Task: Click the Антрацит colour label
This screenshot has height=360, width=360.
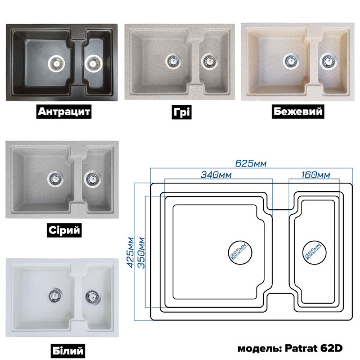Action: tap(64, 111)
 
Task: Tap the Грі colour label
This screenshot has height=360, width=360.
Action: tap(182, 112)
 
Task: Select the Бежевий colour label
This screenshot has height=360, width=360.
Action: tap(298, 111)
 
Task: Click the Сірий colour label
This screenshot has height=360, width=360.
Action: tap(64, 230)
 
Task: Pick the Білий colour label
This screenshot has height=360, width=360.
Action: tap(67, 351)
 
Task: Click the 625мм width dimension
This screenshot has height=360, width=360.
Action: tap(251, 164)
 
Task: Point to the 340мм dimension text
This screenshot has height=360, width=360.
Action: tap(216, 175)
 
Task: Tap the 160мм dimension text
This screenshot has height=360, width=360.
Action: tap(316, 175)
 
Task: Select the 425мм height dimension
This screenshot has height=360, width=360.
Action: tap(130, 253)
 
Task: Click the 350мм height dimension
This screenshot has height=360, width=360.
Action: tap(141, 253)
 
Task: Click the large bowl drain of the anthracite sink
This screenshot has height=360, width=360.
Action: tap(56, 62)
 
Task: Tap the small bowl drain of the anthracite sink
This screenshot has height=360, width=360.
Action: tap(93, 63)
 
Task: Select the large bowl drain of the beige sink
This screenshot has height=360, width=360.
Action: tap(291, 61)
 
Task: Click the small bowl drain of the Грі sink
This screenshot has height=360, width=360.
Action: tap(209, 61)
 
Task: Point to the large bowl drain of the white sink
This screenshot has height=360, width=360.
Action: tap(55, 296)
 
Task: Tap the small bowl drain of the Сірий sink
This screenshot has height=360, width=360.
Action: tap(92, 179)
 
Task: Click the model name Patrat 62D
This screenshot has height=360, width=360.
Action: tap(314, 348)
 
